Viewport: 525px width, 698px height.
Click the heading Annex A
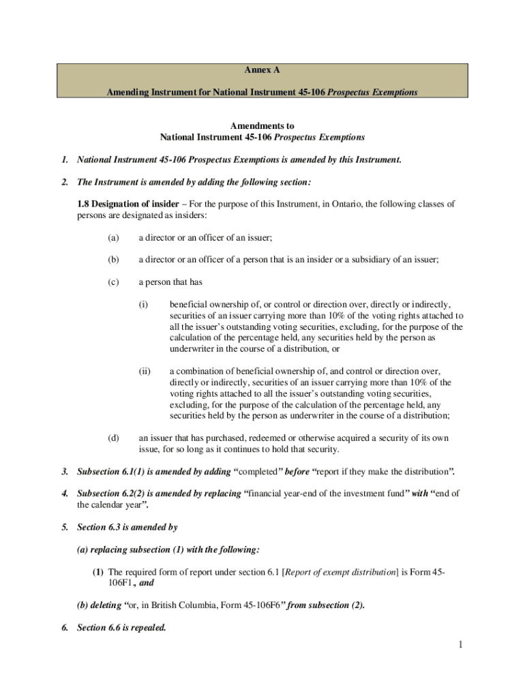[262, 70]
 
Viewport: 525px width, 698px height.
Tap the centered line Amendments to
[262, 126]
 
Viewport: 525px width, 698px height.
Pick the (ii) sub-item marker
[145, 371]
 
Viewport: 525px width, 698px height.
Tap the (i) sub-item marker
[144, 304]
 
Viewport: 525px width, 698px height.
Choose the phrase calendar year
[117, 505]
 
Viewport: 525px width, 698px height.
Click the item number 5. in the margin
[64, 527]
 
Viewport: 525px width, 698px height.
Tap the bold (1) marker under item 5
[99, 571]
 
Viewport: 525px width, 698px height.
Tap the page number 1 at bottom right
[460, 644]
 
